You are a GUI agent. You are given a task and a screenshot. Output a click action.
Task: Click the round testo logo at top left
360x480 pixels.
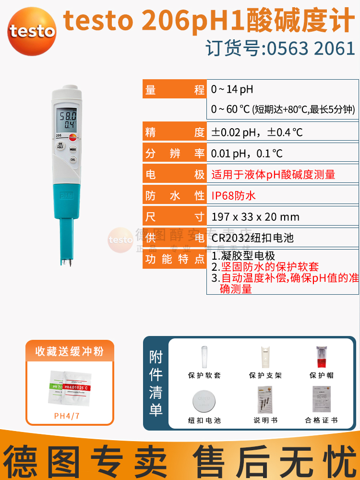coord(32,32)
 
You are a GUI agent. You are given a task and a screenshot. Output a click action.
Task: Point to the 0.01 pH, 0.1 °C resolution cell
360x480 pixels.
coord(247,153)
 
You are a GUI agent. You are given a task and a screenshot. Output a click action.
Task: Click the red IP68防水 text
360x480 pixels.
coord(233,195)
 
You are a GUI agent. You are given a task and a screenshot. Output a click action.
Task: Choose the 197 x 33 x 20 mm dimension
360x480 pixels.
coord(255,216)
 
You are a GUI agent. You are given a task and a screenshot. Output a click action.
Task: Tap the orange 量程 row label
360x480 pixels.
coord(175,90)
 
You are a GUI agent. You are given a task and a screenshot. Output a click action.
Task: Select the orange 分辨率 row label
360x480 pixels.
coord(175,153)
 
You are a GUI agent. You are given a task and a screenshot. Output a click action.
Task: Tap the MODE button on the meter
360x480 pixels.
coord(73,150)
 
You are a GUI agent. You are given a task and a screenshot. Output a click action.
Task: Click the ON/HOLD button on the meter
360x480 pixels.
coord(61,145)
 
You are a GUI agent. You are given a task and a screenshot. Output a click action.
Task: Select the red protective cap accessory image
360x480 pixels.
coord(321,356)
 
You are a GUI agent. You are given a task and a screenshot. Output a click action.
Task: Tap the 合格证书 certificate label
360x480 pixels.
coord(321,420)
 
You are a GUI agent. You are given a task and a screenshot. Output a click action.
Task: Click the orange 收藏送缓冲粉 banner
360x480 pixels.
coord(70,351)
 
